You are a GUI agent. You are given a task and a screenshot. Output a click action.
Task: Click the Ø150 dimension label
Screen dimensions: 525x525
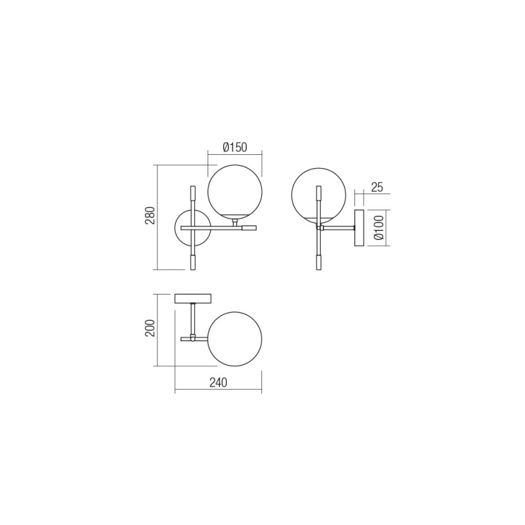click(235, 148)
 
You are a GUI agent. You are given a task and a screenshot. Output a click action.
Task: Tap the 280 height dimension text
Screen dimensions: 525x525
click(150, 217)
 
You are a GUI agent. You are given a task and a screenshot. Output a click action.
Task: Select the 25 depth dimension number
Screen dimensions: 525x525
click(377, 187)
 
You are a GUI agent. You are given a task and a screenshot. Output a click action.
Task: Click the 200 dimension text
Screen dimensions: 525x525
click(150, 328)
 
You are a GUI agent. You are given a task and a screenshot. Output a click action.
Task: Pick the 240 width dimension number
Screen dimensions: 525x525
click(218, 383)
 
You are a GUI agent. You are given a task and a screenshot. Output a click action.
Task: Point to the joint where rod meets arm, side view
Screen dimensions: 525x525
click(320, 228)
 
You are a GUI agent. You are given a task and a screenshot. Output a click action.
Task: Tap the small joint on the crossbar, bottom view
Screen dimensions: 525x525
click(193, 339)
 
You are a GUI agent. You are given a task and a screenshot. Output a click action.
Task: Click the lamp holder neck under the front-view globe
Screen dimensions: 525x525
click(234, 222)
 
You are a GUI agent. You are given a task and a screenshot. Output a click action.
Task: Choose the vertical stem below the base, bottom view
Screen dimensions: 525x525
click(193, 318)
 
